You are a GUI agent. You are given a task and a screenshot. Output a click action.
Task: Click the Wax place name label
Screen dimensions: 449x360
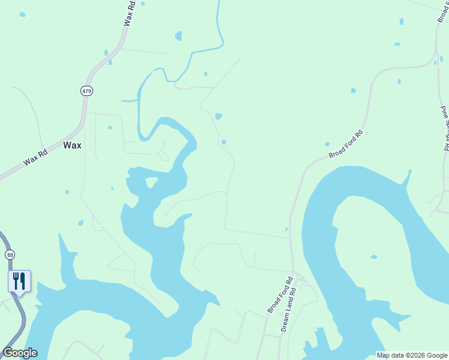72,145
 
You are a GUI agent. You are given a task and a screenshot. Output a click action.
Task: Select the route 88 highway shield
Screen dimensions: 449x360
10,255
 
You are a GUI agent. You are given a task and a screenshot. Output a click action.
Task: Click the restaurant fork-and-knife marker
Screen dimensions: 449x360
19,281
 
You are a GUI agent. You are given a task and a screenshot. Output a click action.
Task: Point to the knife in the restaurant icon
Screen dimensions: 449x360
22,280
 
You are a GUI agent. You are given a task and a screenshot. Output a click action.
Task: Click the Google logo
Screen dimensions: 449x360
20,353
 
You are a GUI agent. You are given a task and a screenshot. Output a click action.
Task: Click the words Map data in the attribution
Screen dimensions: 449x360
391,355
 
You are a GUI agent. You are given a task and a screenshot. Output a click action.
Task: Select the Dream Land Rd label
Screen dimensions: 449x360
289,310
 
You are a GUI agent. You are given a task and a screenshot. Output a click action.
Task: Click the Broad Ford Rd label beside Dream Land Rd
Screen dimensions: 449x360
280,294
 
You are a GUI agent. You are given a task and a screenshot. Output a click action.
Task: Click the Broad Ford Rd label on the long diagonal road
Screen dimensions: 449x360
346,145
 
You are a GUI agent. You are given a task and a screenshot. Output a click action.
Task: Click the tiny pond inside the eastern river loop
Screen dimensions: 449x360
374,257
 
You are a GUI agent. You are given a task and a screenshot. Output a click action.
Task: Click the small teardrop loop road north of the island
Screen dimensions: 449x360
164,154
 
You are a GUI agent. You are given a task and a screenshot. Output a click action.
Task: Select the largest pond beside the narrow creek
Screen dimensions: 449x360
178,37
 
